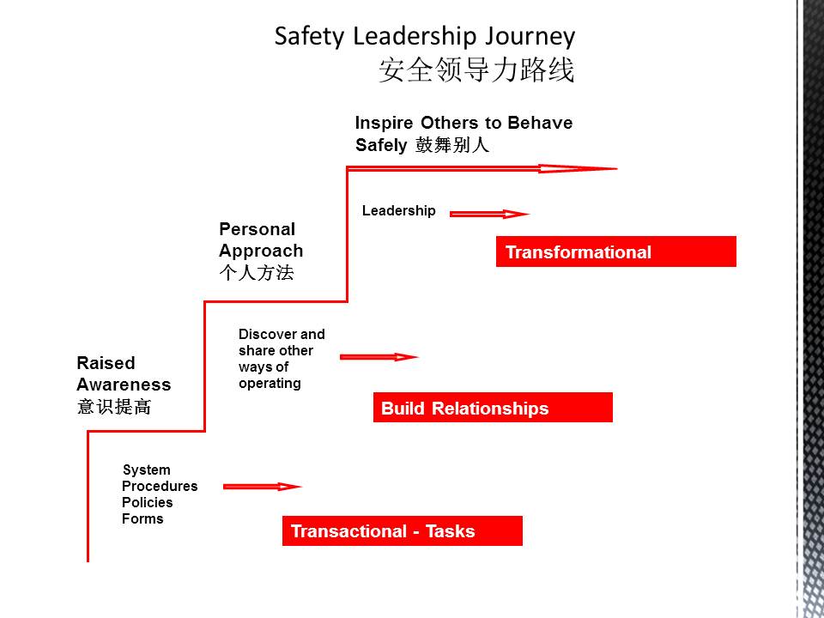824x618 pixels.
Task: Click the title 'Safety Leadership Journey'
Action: point(425,37)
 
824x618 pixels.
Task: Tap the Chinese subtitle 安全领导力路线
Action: point(476,70)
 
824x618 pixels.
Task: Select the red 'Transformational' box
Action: point(616,251)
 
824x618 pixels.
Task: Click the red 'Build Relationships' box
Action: point(493,407)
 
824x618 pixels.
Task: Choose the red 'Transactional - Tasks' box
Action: point(402,530)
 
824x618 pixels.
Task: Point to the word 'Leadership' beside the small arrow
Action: point(399,211)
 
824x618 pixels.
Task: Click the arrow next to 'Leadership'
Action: point(489,214)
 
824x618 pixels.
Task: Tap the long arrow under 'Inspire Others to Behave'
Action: point(482,169)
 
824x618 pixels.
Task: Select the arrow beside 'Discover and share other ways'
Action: point(379,357)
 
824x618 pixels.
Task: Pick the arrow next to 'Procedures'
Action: point(263,487)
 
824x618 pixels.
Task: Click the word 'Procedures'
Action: point(160,486)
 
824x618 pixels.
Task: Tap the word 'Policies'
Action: point(147,502)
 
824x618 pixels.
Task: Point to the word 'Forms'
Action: point(142,518)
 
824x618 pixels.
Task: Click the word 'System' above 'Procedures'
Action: point(147,470)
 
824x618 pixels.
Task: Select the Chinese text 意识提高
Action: point(114,407)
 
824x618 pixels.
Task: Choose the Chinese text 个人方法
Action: point(257,273)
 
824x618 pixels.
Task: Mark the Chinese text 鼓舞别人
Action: point(452,145)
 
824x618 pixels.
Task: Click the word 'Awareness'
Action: point(124,385)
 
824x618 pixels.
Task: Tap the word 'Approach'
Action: point(261,251)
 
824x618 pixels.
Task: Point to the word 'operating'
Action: point(270,384)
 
